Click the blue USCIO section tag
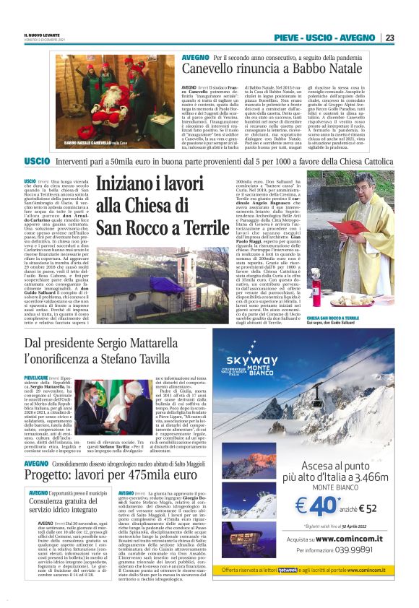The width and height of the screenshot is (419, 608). point(37,160)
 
